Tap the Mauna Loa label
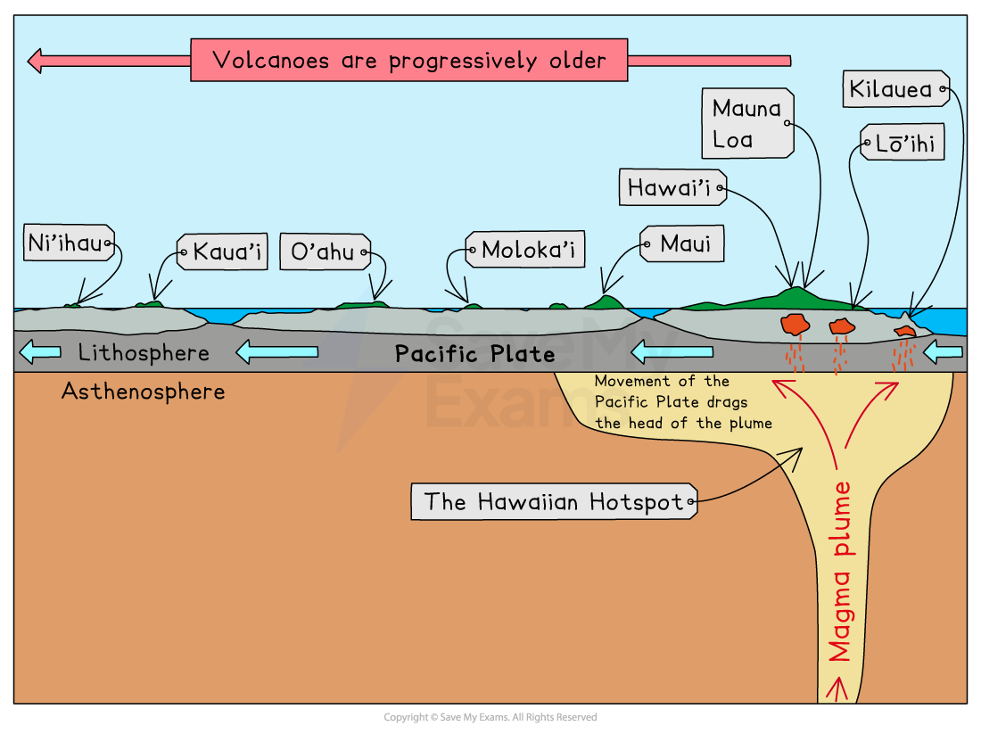[746, 123]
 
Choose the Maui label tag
[683, 243]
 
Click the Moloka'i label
[525, 251]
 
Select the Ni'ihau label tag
[67, 243]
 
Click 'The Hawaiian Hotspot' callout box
[553, 501]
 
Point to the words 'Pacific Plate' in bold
[474, 354]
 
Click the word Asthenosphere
[143, 391]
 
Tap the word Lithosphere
[144, 352]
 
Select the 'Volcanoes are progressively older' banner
[408, 61]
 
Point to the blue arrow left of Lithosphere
[39, 352]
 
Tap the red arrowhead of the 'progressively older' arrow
[37, 61]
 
